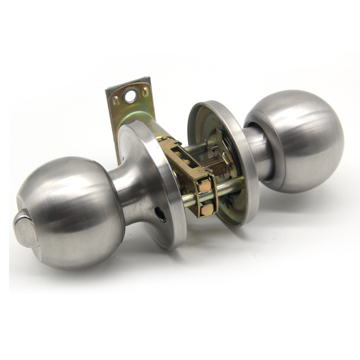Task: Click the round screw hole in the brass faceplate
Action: click(130, 97)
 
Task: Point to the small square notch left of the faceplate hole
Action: click(115, 100)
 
